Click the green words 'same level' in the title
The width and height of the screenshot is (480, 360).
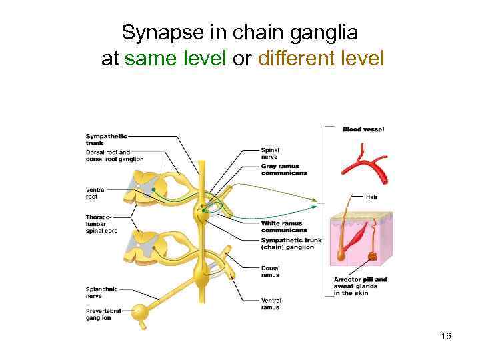point(175,59)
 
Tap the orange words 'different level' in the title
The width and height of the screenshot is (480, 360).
point(321,59)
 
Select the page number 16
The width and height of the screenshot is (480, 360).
point(446,336)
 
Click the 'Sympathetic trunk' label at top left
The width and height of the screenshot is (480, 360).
point(106,139)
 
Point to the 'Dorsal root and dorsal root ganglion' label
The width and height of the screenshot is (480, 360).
point(114,156)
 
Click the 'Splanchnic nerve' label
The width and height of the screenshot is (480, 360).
point(102,291)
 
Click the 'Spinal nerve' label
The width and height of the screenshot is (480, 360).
point(270,153)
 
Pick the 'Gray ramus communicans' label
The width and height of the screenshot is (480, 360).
point(284,169)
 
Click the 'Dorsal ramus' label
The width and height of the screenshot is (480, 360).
point(270,271)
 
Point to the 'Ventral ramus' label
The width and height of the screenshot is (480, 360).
point(271,304)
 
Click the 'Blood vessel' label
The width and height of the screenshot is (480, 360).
point(363,129)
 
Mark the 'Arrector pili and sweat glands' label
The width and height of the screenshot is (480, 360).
point(360,286)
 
